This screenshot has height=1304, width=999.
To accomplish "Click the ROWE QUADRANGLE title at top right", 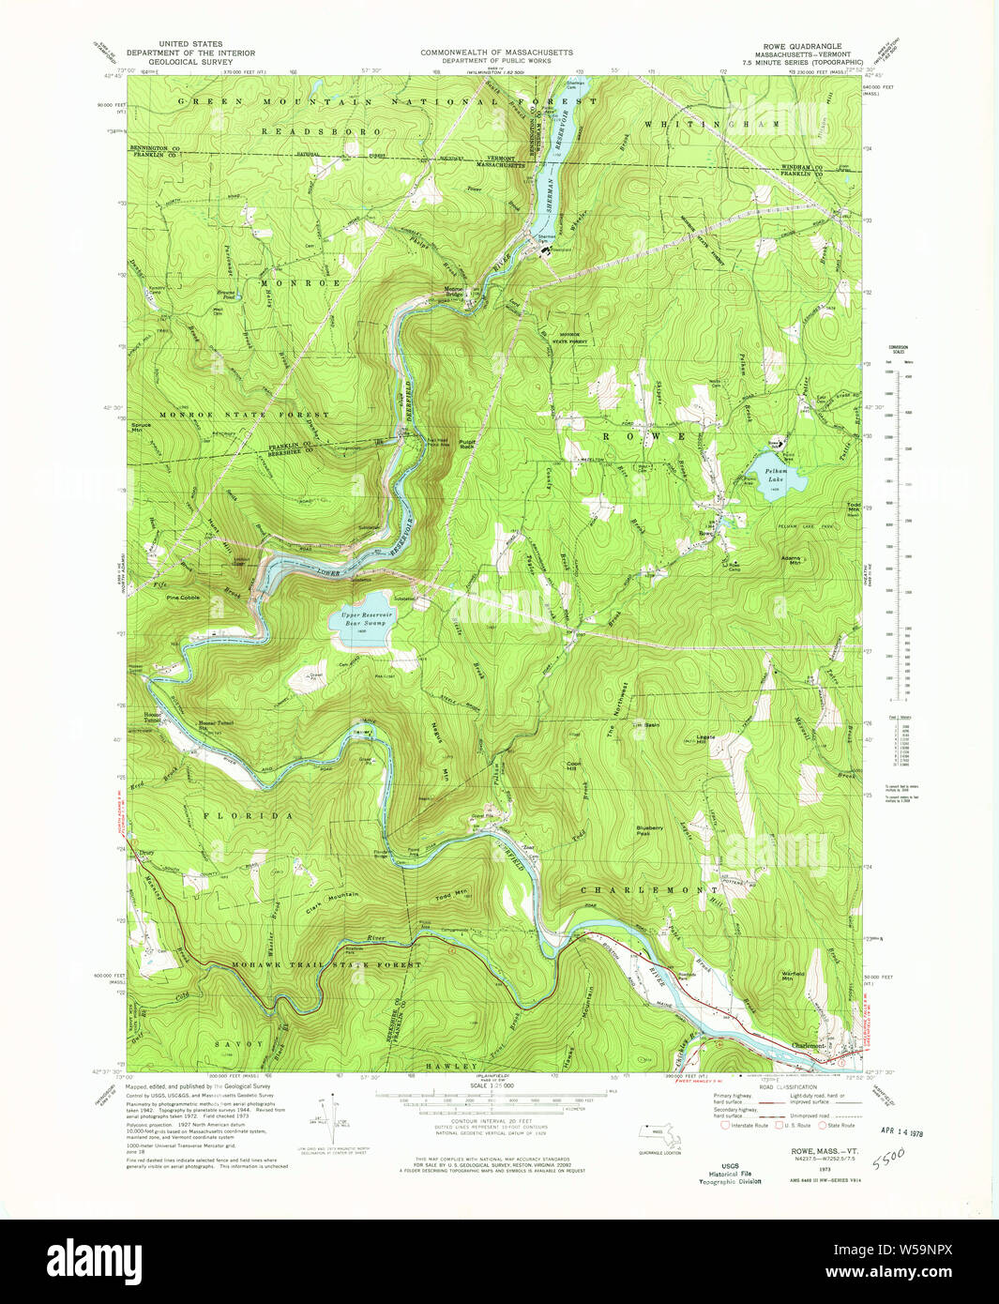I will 802,46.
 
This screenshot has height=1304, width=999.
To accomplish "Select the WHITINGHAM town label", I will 713,124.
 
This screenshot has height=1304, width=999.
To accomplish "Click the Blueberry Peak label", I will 649,830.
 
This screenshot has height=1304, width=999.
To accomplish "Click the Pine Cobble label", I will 183,598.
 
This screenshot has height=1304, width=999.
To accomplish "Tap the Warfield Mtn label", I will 795,975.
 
